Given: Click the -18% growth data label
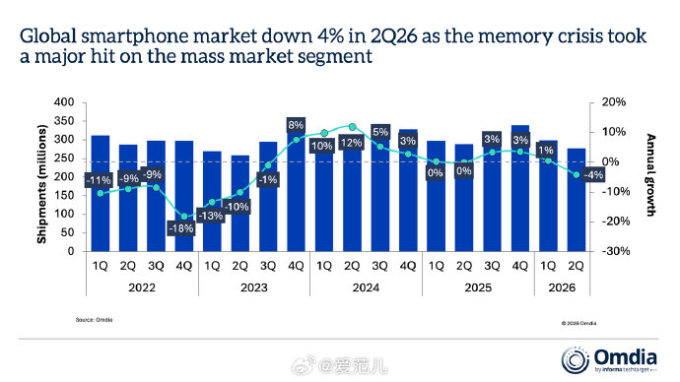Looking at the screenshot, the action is pyautogui.click(x=181, y=227).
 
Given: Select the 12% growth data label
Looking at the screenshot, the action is pyautogui.click(x=351, y=143).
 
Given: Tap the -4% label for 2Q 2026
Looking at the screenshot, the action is pyautogui.click(x=593, y=175).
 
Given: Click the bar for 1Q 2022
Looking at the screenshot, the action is pyautogui.click(x=101, y=193).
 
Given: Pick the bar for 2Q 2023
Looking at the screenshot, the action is pyautogui.click(x=240, y=203).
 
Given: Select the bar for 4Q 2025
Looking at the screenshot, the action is pyautogui.click(x=520, y=188).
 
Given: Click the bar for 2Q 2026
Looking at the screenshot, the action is pyautogui.click(x=576, y=200).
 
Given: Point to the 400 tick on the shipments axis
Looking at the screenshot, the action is pyautogui.click(x=64, y=102).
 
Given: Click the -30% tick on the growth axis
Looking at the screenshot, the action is pyautogui.click(x=615, y=251).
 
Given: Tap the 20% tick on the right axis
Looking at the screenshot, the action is pyautogui.click(x=614, y=102).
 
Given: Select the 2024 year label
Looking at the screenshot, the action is pyautogui.click(x=366, y=287).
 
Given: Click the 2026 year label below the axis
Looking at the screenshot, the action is pyautogui.click(x=562, y=287).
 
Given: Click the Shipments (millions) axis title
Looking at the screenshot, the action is pyautogui.click(x=41, y=184).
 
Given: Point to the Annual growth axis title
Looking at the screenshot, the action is pyautogui.click(x=651, y=175).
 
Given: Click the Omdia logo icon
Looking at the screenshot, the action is pyautogui.click(x=576, y=360).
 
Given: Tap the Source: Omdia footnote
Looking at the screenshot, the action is pyautogui.click(x=94, y=320).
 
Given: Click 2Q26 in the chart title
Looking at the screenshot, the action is pyautogui.click(x=393, y=36).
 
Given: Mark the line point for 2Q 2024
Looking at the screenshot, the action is pyautogui.click(x=352, y=127).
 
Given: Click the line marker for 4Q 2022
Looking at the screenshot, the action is pyautogui.click(x=184, y=217).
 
